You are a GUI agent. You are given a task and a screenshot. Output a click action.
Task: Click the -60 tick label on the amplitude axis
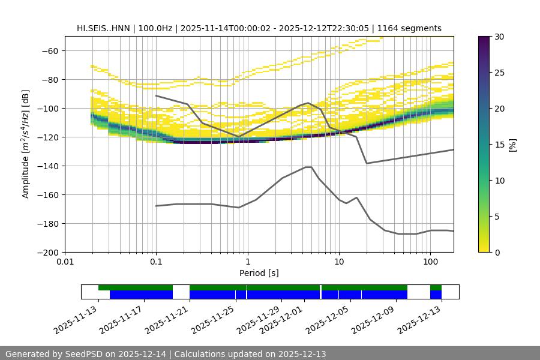[49, 50]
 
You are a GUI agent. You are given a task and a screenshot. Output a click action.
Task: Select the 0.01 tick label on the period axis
[65, 262]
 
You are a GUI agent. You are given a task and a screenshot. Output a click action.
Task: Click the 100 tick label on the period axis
[430, 262]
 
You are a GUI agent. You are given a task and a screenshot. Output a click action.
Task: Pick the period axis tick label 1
[247, 262]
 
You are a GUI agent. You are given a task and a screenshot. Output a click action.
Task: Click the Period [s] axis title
[259, 273]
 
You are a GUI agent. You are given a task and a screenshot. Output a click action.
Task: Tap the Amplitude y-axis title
[25, 144]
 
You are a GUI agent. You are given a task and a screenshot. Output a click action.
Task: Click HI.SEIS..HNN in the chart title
[104, 28]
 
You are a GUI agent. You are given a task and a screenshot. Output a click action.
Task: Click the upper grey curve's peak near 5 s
[308, 103]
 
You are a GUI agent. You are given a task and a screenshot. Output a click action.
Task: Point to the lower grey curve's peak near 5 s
[308, 167]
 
